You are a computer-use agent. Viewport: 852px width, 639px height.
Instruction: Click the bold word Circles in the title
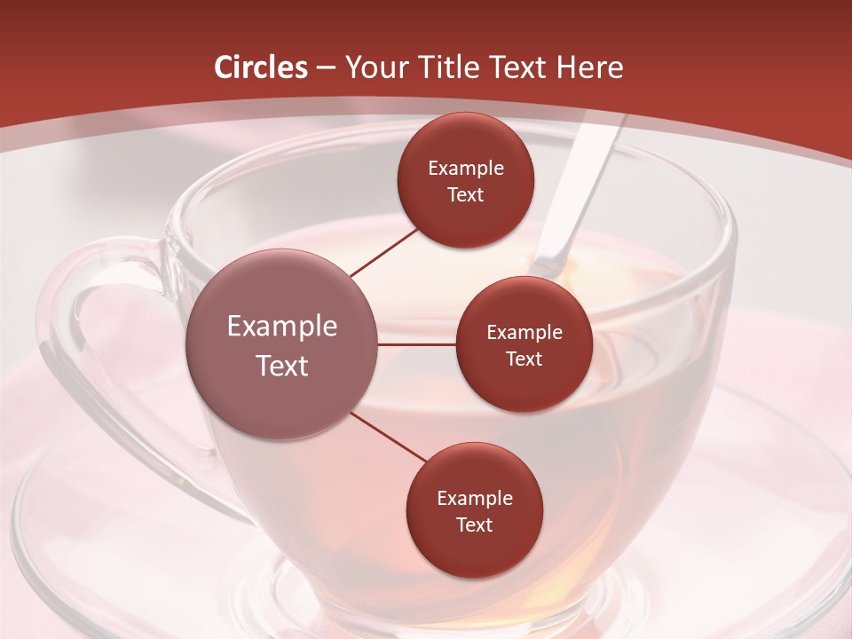pos(261,67)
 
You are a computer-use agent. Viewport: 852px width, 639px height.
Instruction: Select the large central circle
pos(282,344)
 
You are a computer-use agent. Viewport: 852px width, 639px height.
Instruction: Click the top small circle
pos(465,181)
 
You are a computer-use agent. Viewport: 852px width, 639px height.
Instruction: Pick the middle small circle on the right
pos(524,344)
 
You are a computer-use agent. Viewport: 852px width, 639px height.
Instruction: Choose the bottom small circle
pos(474,511)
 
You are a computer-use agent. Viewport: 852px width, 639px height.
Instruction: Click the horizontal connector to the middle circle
pos(416,344)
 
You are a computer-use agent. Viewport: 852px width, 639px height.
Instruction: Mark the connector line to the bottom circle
pos(387,438)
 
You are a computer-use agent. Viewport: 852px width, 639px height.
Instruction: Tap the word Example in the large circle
pos(282,326)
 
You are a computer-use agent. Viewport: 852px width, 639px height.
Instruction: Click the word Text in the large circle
pos(282,366)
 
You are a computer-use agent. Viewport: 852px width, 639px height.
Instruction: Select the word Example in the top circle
pos(465,168)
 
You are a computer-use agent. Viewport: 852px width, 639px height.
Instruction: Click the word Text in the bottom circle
pos(474,525)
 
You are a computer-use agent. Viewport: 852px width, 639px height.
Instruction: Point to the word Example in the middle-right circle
pos(524,332)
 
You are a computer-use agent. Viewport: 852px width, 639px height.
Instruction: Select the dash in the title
pos(325,68)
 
